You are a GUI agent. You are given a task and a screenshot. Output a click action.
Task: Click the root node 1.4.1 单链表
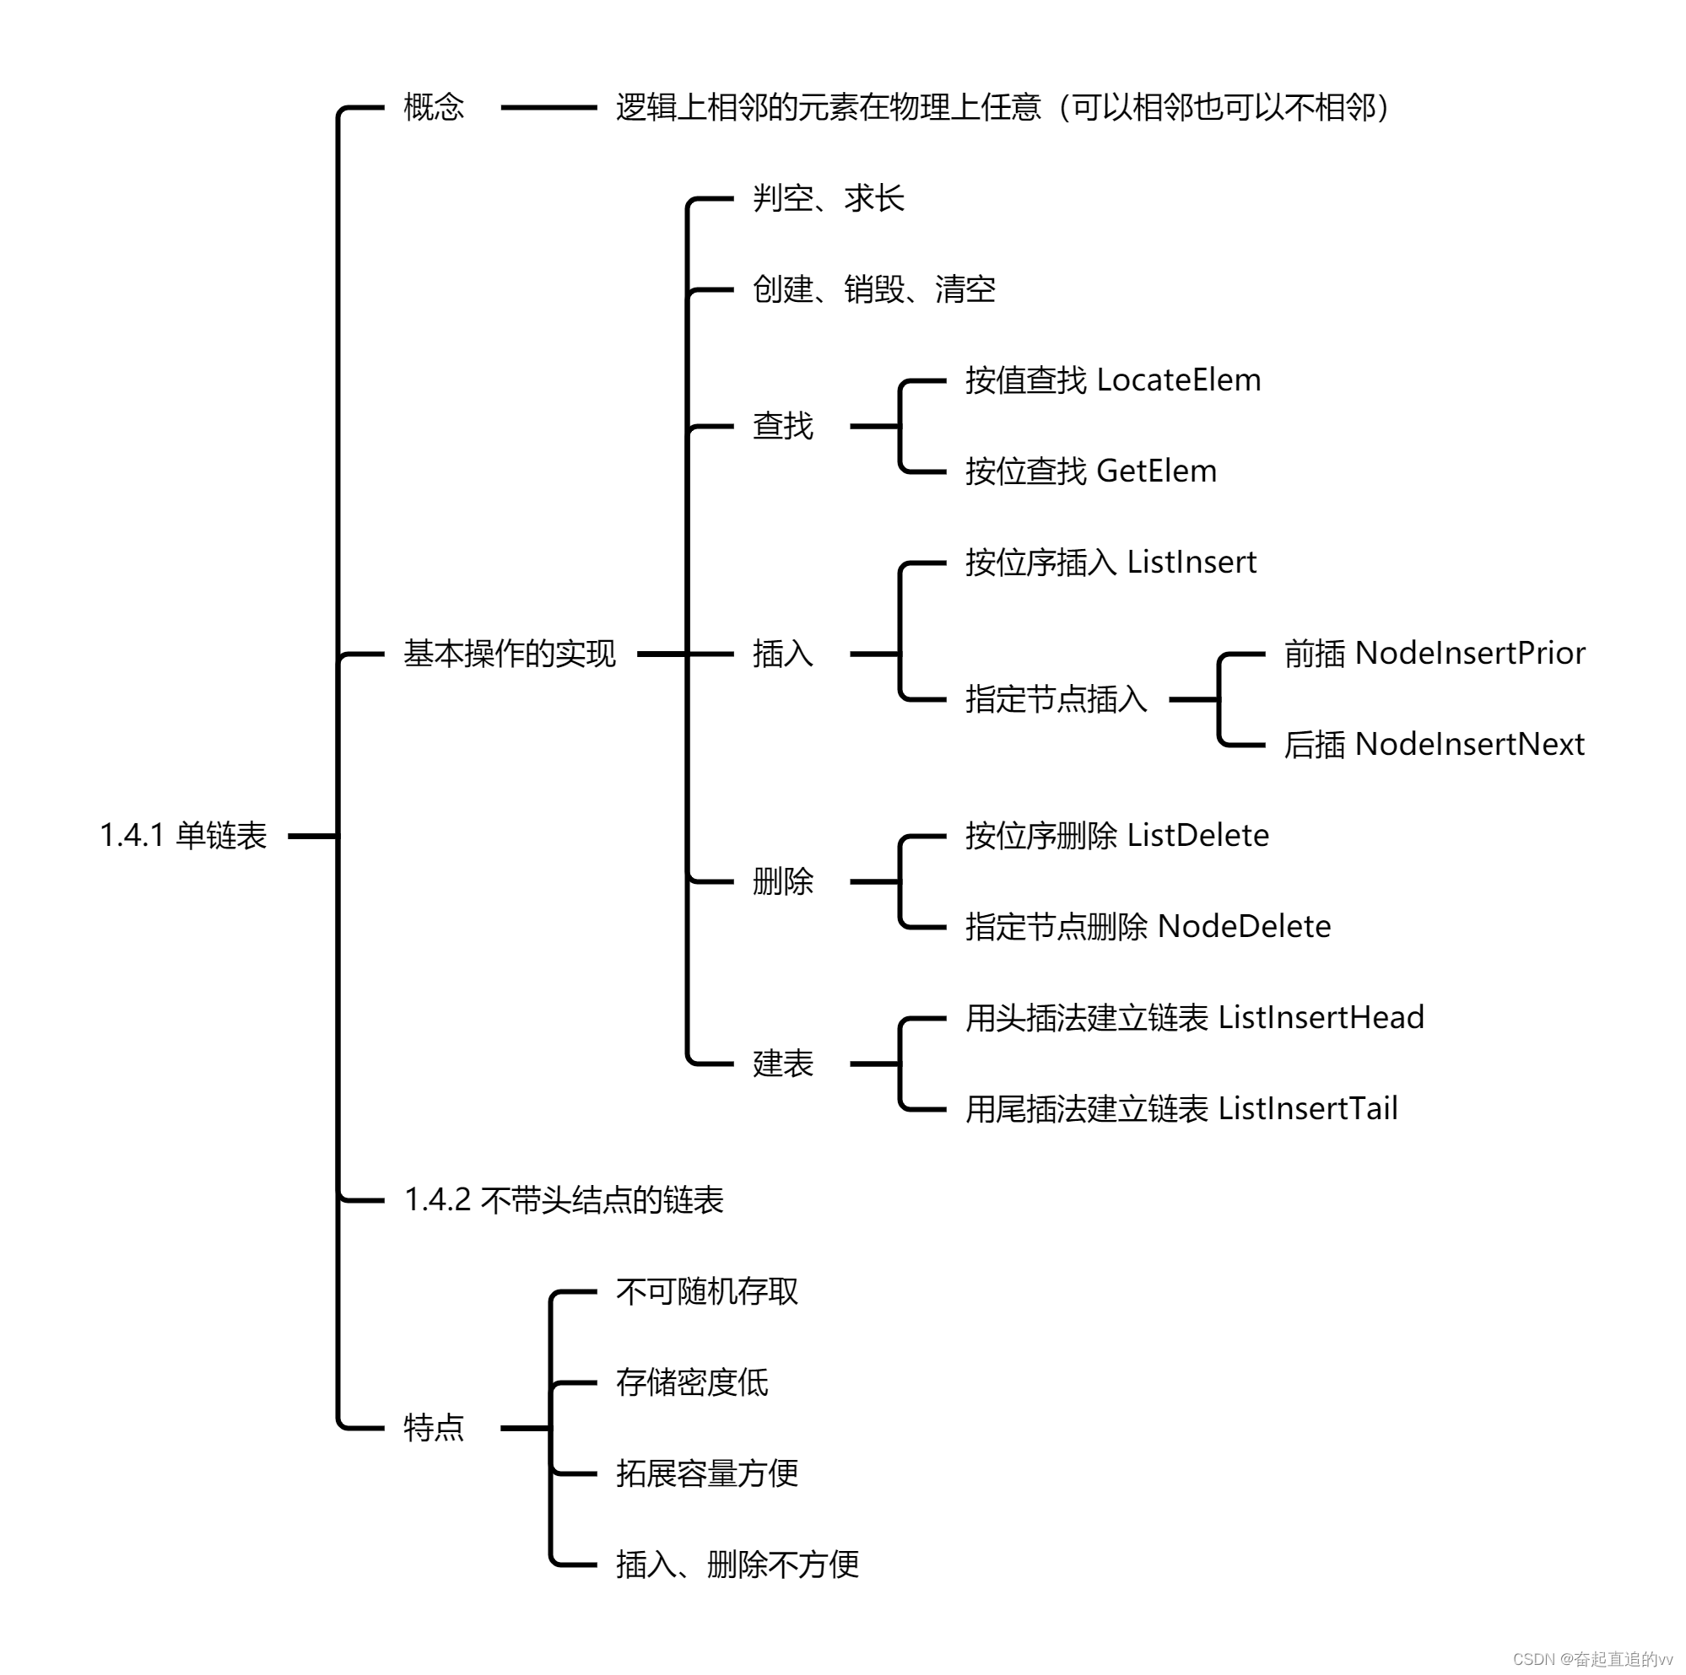click(x=183, y=836)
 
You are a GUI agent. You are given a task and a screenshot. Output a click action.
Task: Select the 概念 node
click(x=434, y=107)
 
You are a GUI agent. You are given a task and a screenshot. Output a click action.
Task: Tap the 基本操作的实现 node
click(x=510, y=654)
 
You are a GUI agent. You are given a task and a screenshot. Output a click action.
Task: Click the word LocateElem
click(x=1178, y=380)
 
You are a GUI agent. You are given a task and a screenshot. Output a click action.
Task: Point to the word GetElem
click(x=1156, y=471)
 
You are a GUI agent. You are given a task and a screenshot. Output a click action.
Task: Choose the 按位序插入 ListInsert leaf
click(x=1110, y=563)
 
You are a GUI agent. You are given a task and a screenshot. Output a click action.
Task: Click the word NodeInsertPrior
click(x=1470, y=654)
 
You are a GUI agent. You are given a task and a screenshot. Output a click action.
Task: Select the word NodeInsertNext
click(x=1470, y=744)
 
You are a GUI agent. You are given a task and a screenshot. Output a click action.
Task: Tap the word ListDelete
click(x=1197, y=836)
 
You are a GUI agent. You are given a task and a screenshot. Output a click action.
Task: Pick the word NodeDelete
click(x=1244, y=927)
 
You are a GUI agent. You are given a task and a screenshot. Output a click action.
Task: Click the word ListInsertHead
click(x=1321, y=1017)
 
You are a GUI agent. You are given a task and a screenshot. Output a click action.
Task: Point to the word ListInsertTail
click(x=1307, y=1109)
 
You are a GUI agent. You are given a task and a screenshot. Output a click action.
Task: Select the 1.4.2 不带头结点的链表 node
click(x=564, y=1199)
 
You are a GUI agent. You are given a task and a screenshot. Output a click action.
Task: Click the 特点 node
click(x=434, y=1427)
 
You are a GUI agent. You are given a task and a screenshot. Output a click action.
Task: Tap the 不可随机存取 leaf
click(x=707, y=1291)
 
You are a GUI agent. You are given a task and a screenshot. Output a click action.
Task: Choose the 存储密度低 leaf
click(x=692, y=1381)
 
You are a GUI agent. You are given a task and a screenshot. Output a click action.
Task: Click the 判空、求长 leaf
click(x=828, y=199)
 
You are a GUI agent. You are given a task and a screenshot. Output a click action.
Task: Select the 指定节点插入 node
click(x=1056, y=699)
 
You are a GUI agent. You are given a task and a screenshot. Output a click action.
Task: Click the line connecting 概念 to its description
click(x=548, y=107)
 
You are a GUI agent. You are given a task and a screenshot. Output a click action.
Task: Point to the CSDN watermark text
click(x=1591, y=1658)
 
